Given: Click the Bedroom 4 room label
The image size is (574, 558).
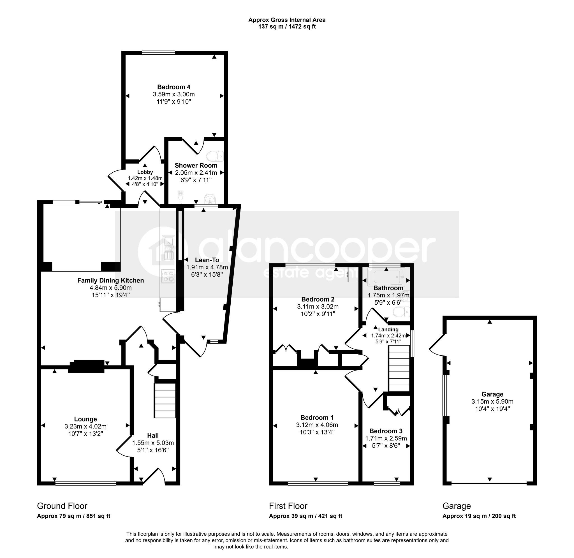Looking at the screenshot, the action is pyautogui.click(x=174, y=87).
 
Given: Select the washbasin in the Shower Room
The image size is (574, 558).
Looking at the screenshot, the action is pyautogui.click(x=210, y=199).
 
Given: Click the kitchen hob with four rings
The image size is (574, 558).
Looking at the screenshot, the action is pyautogui.click(x=168, y=276).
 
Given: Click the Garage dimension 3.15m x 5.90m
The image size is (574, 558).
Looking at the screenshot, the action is pyautogui.click(x=492, y=402).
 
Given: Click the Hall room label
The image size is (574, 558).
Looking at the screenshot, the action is pyautogui.click(x=153, y=436).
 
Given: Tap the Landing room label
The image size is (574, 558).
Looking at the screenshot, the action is pyautogui.click(x=388, y=329).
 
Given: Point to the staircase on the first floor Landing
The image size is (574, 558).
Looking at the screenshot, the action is pyautogui.click(x=399, y=368).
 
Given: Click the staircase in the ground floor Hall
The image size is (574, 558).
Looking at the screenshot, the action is pyautogui.click(x=165, y=400).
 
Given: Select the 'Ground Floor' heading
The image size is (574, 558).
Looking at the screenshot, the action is pyautogui.click(x=62, y=506).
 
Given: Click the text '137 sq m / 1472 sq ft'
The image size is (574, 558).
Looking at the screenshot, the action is pyautogui.click(x=287, y=27).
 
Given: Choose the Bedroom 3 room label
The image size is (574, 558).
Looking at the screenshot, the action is pyautogui.click(x=386, y=431).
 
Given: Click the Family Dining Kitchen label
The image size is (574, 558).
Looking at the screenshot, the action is pyautogui.click(x=111, y=281).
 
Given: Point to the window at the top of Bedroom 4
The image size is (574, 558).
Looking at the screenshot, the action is pyautogui.click(x=159, y=53).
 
